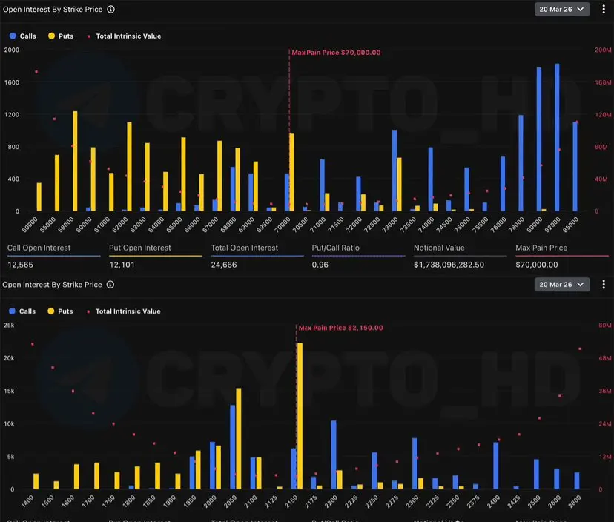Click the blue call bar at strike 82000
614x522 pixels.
[x=557, y=137]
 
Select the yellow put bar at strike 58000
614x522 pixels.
[x=75, y=161]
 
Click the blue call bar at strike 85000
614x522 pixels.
[x=575, y=166]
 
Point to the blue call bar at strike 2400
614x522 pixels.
[x=496, y=466]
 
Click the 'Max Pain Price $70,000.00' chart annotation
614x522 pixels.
[x=336, y=53]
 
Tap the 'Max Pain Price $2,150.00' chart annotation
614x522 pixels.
[x=340, y=327]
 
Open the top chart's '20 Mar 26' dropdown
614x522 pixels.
[x=561, y=10]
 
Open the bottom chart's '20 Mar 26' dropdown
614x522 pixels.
[x=561, y=285]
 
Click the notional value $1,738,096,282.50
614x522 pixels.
[x=449, y=265]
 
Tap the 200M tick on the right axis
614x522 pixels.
[x=602, y=50]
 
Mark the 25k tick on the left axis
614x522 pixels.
[x=9, y=325]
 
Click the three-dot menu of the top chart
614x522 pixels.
[x=603, y=10]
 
